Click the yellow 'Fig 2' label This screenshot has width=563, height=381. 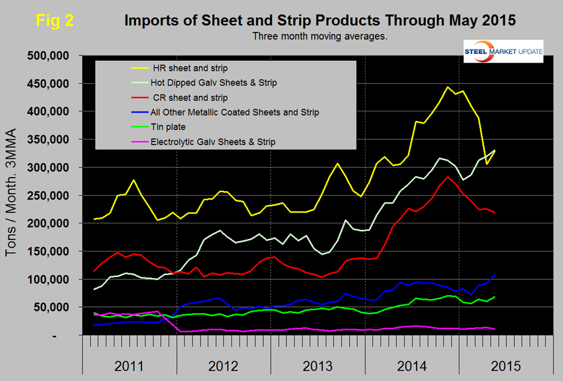55,20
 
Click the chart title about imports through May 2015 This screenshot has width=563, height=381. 320,20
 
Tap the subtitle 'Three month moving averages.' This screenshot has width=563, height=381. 320,36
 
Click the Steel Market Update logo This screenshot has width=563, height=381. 503,51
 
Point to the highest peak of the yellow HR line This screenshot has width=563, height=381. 447,87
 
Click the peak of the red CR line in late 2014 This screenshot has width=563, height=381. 447,177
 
